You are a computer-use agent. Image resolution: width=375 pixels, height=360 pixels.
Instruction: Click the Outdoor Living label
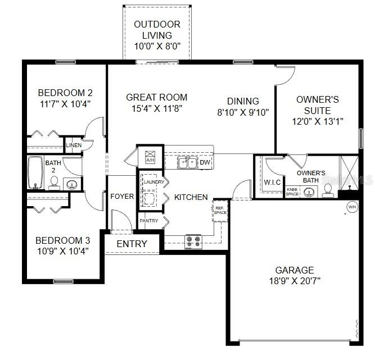(x=157, y=30)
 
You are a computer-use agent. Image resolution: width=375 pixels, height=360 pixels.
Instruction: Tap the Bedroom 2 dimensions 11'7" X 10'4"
(x=65, y=103)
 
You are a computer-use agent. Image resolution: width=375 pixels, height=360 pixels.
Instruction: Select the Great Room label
(x=156, y=97)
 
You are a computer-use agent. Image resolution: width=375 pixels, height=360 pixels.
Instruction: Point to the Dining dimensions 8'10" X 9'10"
(x=243, y=112)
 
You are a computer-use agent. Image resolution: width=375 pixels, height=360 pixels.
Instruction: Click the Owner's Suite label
(x=317, y=105)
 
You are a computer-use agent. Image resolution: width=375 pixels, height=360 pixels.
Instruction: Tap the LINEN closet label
(x=74, y=145)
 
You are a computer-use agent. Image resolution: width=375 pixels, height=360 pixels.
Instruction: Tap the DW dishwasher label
(x=205, y=163)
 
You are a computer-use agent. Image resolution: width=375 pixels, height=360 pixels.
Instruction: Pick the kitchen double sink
(x=187, y=163)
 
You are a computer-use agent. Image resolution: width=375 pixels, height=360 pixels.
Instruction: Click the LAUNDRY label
(x=153, y=182)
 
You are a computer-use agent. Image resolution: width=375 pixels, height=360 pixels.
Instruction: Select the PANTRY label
(x=149, y=221)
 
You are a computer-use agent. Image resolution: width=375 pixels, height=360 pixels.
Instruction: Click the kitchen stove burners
(x=193, y=241)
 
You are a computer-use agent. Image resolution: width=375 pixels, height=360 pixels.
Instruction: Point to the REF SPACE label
(x=220, y=210)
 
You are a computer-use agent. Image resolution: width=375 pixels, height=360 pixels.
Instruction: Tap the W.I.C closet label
(x=273, y=183)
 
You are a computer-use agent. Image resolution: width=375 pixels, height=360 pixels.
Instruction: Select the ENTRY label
(x=132, y=244)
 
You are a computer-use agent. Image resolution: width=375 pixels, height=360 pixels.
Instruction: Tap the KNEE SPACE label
(x=292, y=192)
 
